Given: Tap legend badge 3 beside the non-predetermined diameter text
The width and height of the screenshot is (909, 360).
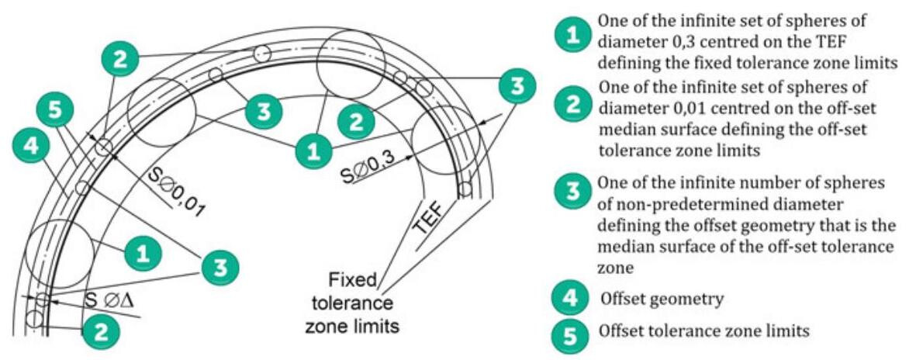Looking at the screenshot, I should (573, 192).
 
